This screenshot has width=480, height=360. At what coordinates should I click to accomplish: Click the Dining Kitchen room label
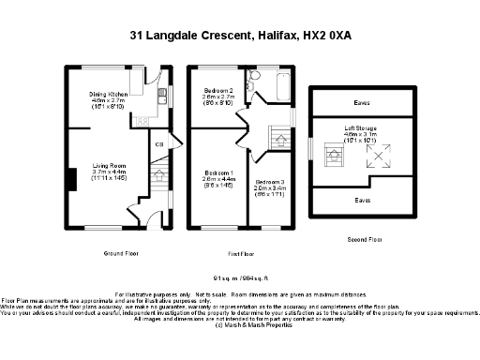[110, 95]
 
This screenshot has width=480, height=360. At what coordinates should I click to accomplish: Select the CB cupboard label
[160, 143]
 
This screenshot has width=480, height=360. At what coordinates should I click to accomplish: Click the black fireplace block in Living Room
[71, 177]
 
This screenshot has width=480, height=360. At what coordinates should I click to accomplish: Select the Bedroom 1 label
[217, 174]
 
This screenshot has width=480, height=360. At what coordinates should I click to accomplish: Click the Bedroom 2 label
[217, 91]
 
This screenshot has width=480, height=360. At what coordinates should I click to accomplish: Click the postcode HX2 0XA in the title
[325, 36]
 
